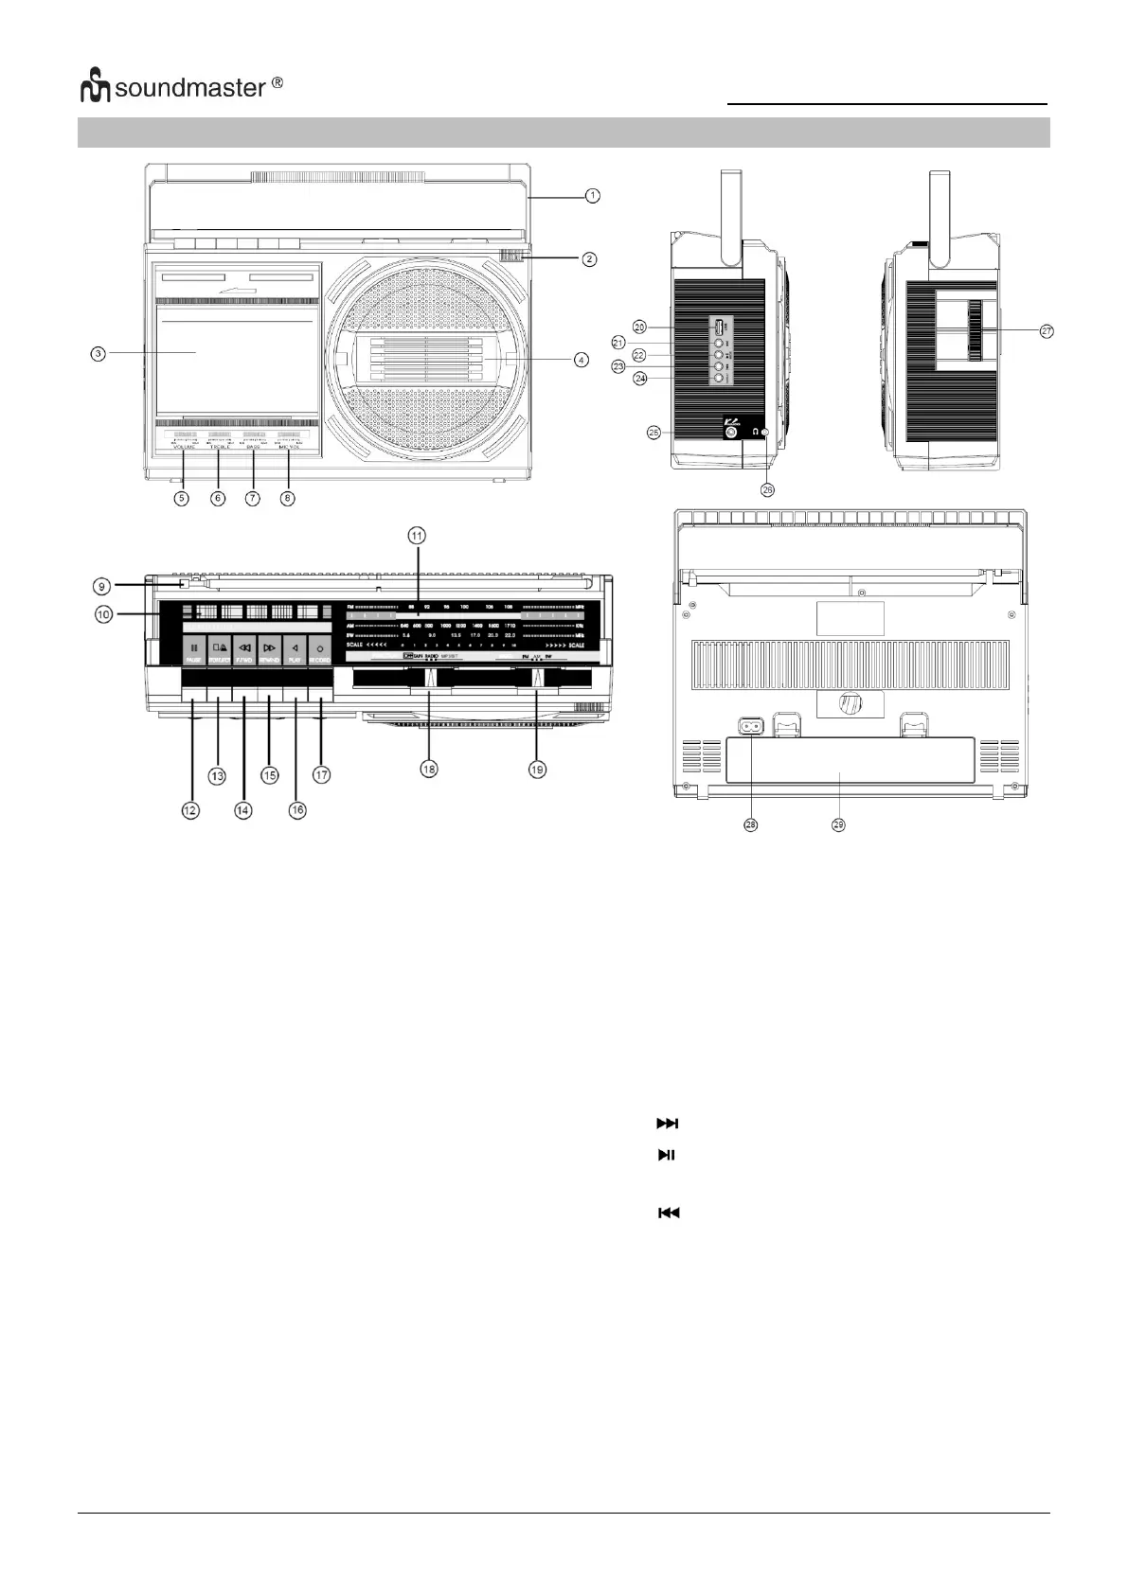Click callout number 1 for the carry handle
[x=592, y=196]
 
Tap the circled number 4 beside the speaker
[x=582, y=360]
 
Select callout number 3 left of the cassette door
[x=98, y=353]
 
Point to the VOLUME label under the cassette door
[x=183, y=446]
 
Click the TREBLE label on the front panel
[x=220, y=446]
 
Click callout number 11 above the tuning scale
[x=417, y=535]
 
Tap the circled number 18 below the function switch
[x=430, y=770]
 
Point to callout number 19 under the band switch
[x=537, y=770]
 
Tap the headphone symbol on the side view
[x=755, y=433]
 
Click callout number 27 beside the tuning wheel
[x=1047, y=331]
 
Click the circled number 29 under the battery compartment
[x=838, y=825]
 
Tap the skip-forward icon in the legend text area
[x=668, y=1124]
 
